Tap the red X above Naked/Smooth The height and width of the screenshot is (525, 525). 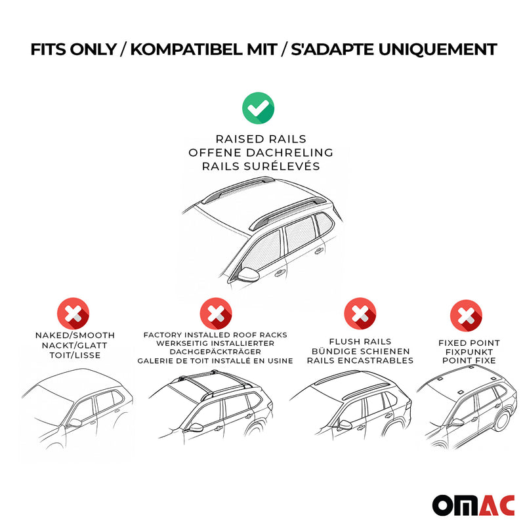74,314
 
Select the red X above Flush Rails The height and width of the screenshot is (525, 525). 360,314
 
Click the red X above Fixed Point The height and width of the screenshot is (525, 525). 466,316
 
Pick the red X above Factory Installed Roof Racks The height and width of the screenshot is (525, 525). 215,314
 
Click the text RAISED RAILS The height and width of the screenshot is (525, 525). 261,139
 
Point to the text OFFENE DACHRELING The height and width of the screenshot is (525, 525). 261,152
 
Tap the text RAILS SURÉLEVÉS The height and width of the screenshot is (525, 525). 261,166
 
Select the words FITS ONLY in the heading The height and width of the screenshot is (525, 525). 71,49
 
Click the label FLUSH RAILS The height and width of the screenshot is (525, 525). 360,341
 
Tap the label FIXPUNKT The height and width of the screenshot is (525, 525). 469,352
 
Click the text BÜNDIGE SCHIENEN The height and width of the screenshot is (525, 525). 360,350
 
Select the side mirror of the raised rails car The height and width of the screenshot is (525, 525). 248,274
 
